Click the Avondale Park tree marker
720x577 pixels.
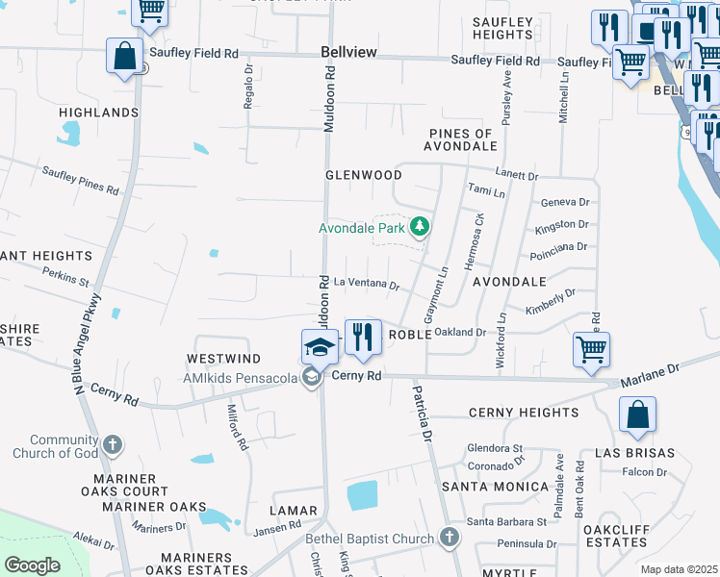pos(419,227)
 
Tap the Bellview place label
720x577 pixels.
pos(349,51)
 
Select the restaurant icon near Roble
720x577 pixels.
pos(363,336)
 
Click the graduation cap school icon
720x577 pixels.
pos(320,347)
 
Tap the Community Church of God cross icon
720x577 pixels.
pos(114,444)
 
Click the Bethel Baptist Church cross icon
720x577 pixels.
pos(448,538)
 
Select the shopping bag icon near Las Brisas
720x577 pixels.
pos(637,415)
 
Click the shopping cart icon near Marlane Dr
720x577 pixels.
pos(591,349)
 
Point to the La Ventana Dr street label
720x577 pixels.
pos(367,284)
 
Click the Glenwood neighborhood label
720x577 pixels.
pos(363,175)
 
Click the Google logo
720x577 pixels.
pos(32,565)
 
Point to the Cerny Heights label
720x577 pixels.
pos(524,413)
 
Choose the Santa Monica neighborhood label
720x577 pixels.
pos(495,487)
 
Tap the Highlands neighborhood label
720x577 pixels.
pos(99,113)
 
